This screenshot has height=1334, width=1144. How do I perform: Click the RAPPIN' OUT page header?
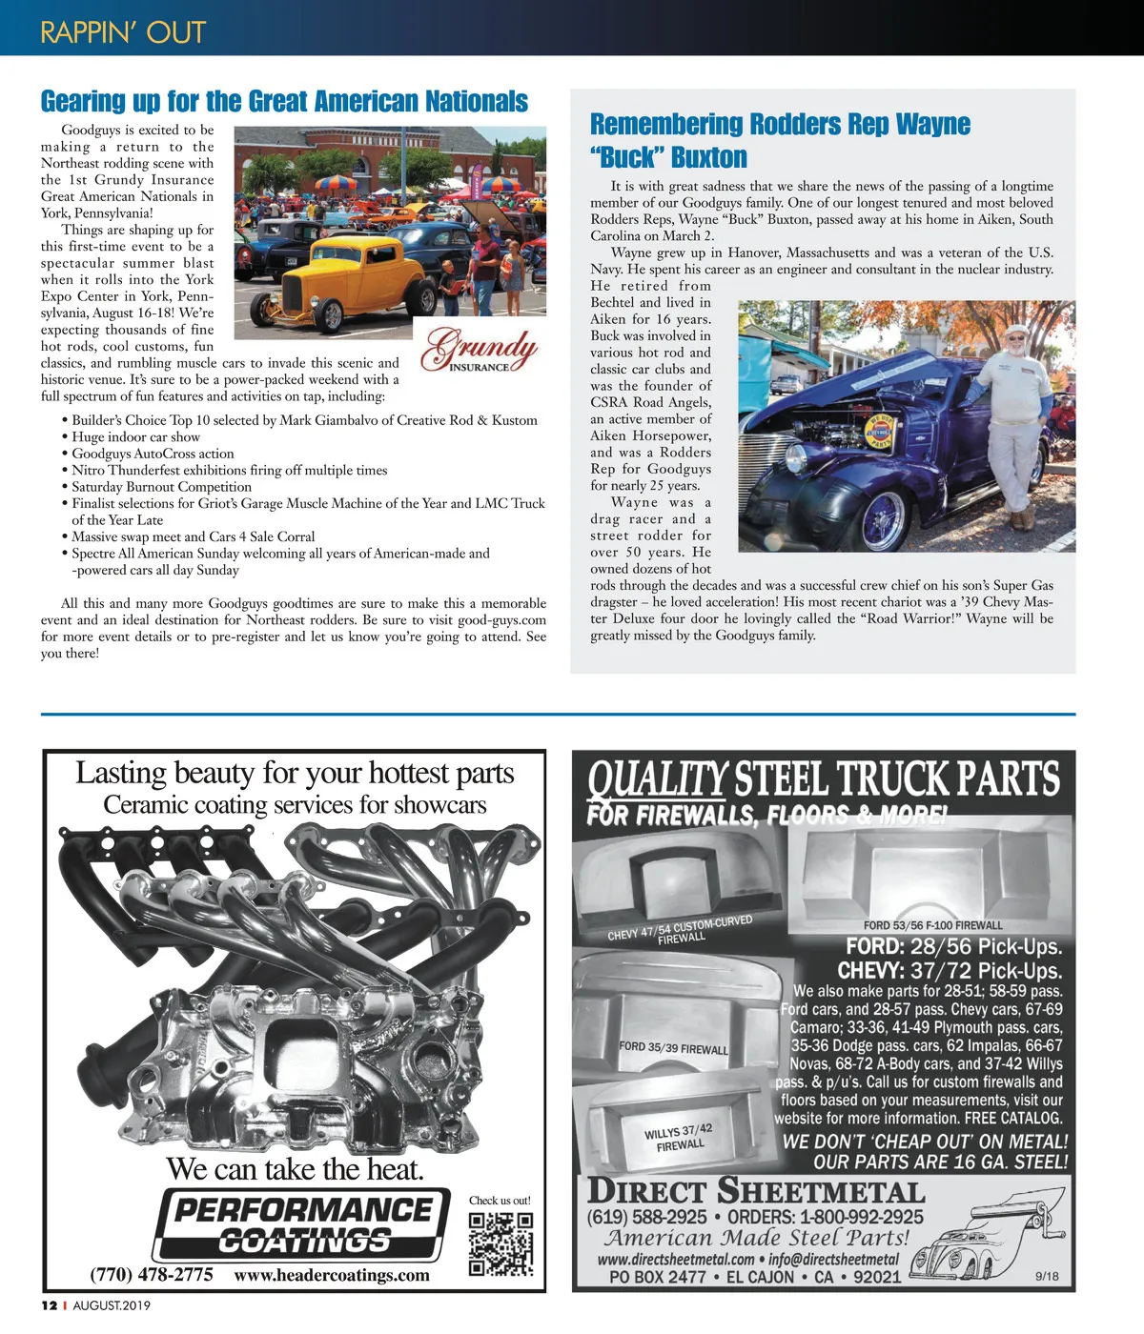pyautogui.click(x=123, y=32)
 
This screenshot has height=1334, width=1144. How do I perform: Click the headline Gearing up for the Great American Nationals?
pyautogui.click(x=284, y=101)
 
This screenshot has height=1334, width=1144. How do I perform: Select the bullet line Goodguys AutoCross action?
pyautogui.click(x=153, y=454)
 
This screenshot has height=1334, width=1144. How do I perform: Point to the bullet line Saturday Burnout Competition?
pyautogui.click(x=161, y=487)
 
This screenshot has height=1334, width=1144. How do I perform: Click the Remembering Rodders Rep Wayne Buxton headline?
pyautogui.click(x=780, y=140)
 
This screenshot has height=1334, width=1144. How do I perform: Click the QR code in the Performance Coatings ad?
pyautogui.click(x=500, y=1243)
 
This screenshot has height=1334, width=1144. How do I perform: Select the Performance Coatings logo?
pyautogui.click(x=303, y=1225)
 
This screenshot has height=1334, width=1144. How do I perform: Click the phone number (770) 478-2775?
pyautogui.click(x=152, y=1275)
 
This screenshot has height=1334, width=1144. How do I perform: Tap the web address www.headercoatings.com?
pyautogui.click(x=332, y=1275)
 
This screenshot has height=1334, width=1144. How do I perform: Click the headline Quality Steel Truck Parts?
pyautogui.click(x=824, y=779)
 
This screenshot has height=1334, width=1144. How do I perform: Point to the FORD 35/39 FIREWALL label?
pyautogui.click(x=673, y=1047)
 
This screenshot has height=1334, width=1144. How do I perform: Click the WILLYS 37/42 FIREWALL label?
pyautogui.click(x=679, y=1138)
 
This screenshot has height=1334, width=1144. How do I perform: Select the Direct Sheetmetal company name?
pyautogui.click(x=756, y=1191)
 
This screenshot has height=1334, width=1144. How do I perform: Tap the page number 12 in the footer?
pyautogui.click(x=49, y=1305)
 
